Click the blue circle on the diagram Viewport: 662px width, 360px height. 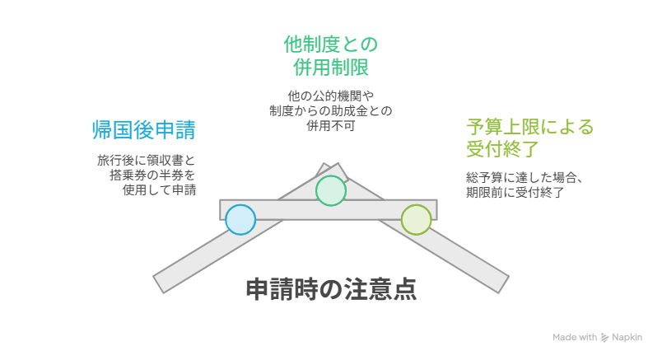[240, 220]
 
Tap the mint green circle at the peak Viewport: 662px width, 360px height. [331, 190]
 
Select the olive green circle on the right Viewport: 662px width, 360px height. [417, 220]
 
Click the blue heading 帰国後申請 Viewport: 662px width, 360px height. [144, 129]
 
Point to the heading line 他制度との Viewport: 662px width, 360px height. [330, 44]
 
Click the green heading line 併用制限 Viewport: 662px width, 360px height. [331, 68]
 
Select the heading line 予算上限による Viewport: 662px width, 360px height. [530, 127]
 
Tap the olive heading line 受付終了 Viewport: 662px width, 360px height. [503, 149]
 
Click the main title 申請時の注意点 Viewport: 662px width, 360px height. [332, 289]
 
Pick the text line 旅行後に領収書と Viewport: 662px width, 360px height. [147, 161]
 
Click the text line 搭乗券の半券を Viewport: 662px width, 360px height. [153, 175]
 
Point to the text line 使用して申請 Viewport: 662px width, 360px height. [159, 190]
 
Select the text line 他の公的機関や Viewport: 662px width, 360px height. [331, 96]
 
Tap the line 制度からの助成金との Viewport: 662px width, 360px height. [331, 110]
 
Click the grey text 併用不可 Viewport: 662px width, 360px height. [331, 125]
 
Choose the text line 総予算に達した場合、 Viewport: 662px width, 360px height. [524, 177]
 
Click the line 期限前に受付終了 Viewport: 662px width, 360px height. [515, 192]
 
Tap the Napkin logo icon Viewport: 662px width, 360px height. [604, 338]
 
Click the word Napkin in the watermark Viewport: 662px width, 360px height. [627, 337]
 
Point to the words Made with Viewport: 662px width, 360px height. [575, 337]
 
